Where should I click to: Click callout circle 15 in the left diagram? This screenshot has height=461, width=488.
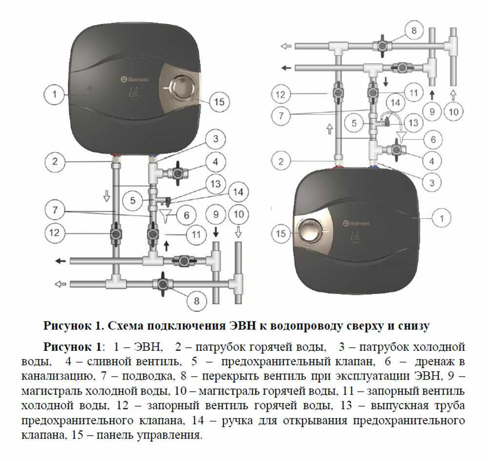coord(219,102)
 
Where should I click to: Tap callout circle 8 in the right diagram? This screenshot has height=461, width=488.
coord(414,30)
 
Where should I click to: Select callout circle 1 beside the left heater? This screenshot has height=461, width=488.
coord(55,94)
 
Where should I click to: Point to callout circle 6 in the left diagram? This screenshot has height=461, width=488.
coord(186,215)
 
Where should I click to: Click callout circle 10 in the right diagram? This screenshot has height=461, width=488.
coord(453,112)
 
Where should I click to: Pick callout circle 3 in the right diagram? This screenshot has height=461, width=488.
coord(432,182)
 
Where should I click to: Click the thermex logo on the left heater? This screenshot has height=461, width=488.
coord(135,80)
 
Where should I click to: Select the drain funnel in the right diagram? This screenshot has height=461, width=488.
coord(402,137)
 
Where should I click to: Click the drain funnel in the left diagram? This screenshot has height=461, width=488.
coord(165,215)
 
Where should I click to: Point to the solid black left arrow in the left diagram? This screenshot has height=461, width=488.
coord(61,261)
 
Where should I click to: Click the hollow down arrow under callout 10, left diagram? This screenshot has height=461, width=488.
coord(239,232)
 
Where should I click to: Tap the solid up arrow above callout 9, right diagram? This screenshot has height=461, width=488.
coord(432,95)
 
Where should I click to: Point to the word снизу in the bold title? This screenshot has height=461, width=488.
coord(414,326)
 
